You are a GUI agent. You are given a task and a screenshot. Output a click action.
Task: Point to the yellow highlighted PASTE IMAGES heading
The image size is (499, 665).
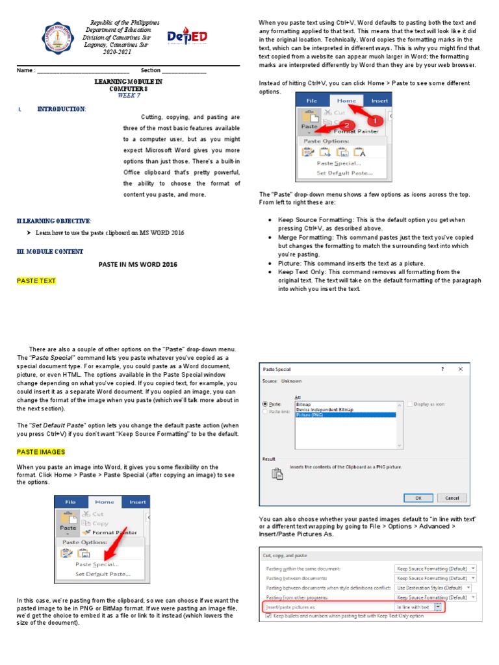[x=41, y=451]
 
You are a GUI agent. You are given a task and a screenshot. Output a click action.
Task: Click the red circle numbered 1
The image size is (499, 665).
[x=374, y=121]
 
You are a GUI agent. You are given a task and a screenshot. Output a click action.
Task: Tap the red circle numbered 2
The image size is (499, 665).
[x=347, y=125]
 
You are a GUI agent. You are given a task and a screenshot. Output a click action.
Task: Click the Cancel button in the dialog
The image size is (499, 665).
[x=452, y=497]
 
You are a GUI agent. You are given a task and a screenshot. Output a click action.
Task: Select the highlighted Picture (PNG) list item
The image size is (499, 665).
[x=344, y=414]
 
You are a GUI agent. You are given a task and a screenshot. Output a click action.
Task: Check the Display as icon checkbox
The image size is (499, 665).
[x=410, y=404]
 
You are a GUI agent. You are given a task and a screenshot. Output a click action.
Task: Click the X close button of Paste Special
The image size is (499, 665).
[x=460, y=368]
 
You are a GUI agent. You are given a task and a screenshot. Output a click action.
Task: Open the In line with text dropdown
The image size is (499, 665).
[x=438, y=607]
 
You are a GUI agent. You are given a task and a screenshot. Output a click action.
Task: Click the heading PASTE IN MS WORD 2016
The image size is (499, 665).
[x=137, y=265]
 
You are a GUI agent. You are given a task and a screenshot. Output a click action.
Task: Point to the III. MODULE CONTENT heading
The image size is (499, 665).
[x=50, y=251]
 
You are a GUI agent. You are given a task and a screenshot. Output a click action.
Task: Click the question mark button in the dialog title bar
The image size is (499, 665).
[x=442, y=368]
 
